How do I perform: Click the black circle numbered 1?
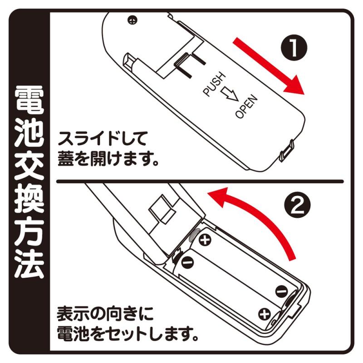point(294,48)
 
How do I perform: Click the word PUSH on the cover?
point(214,84)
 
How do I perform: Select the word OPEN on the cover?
point(246,107)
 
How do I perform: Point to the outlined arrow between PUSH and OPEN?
point(229,94)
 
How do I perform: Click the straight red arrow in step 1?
point(269,66)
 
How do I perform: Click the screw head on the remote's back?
point(132,20)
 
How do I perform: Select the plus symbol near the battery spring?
point(205,240)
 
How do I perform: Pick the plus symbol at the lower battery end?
point(265,314)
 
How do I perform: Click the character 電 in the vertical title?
point(29,100)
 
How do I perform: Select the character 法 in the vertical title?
point(29,265)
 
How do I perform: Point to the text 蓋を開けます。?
point(108,159)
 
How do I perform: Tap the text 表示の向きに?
point(105,314)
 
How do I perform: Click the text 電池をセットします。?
point(128,334)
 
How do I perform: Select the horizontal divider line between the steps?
point(200,181)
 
